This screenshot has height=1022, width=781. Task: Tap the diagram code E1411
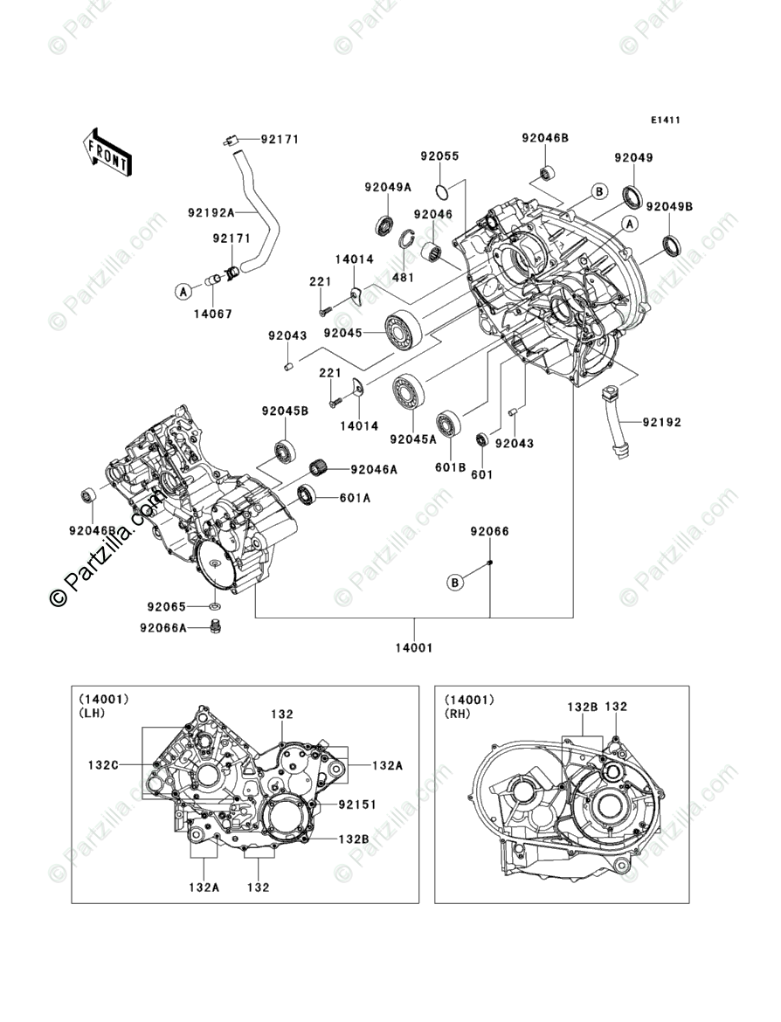point(665,120)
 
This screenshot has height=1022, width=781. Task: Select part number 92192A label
point(211,212)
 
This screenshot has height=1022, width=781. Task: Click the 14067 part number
point(212,314)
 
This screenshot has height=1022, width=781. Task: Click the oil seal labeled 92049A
point(384,224)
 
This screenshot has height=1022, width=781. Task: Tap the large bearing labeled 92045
point(403,331)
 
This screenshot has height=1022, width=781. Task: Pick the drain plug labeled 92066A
point(215,627)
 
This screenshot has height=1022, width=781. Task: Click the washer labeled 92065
point(215,607)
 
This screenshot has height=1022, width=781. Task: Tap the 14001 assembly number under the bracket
point(413,648)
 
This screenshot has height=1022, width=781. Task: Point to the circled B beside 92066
point(455,582)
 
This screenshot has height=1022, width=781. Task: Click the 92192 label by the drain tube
point(661,423)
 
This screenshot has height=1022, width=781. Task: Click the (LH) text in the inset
point(92,713)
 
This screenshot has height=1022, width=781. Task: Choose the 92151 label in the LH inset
point(357,805)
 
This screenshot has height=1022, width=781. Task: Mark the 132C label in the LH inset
point(103,764)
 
